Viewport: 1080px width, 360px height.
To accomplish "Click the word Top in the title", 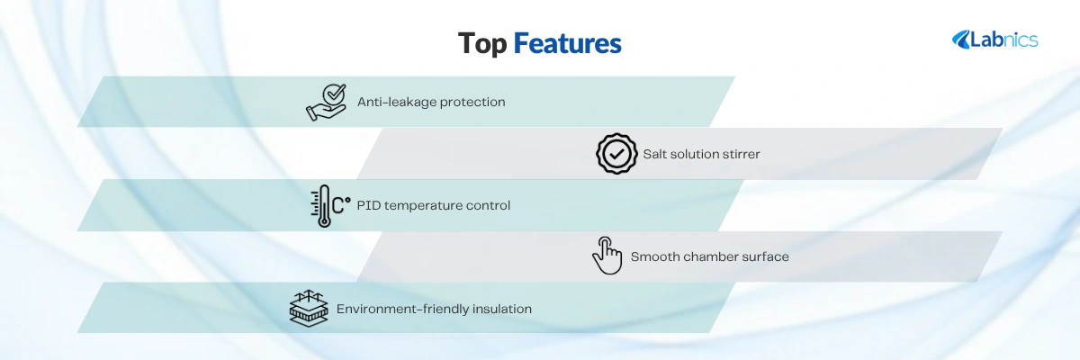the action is [x=482, y=44].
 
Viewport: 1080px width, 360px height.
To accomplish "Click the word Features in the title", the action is [x=568, y=43].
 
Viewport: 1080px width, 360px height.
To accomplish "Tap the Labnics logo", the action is [x=994, y=40].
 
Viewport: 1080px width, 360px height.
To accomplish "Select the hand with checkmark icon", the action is [x=327, y=103].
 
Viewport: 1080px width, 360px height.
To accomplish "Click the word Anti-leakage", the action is [x=396, y=102].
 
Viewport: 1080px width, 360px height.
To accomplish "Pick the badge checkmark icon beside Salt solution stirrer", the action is [x=616, y=154].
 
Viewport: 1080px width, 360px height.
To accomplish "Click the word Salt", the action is [x=655, y=154].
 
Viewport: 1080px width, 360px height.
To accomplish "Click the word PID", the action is [x=368, y=205].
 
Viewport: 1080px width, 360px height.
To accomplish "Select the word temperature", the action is [x=423, y=206].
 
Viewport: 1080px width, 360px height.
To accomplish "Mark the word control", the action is [x=488, y=205].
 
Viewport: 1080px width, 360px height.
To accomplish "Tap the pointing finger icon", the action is [x=607, y=256].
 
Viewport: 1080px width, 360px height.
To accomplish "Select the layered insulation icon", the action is [x=309, y=309].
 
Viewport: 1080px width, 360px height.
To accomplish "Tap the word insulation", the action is [x=502, y=309].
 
